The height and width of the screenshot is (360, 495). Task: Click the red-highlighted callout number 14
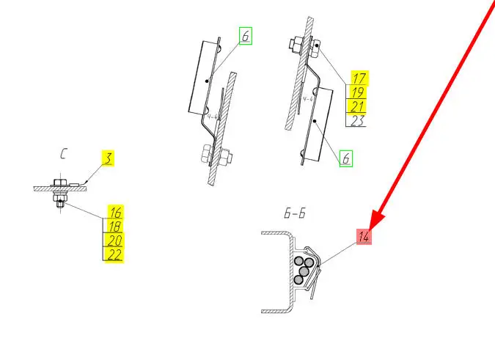[x=364, y=236]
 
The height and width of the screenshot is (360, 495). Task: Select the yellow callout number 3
[x=108, y=158]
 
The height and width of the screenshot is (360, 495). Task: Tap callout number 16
[x=115, y=212]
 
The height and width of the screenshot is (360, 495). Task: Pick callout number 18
[x=115, y=226]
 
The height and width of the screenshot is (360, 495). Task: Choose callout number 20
[x=114, y=240]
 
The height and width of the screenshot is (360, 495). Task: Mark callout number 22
[x=114, y=254]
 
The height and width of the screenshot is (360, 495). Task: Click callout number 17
[x=359, y=78]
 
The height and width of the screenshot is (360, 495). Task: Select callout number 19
[x=358, y=92]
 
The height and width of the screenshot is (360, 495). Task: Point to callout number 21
[x=357, y=106]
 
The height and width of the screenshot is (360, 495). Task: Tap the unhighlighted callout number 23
[x=357, y=120]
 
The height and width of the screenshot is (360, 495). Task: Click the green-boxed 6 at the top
[x=245, y=36]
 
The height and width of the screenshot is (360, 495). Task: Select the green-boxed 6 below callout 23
[x=346, y=158]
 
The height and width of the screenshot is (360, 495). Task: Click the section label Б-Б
[x=295, y=213]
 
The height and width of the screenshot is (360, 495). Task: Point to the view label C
[x=63, y=154]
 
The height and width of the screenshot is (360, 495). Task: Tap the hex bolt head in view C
[x=60, y=182]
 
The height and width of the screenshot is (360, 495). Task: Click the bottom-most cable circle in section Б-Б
[x=298, y=279]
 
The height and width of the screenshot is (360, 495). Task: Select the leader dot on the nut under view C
[x=60, y=201]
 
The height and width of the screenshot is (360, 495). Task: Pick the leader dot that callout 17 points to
[x=317, y=45]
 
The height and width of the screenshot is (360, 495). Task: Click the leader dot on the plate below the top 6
[x=207, y=81]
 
